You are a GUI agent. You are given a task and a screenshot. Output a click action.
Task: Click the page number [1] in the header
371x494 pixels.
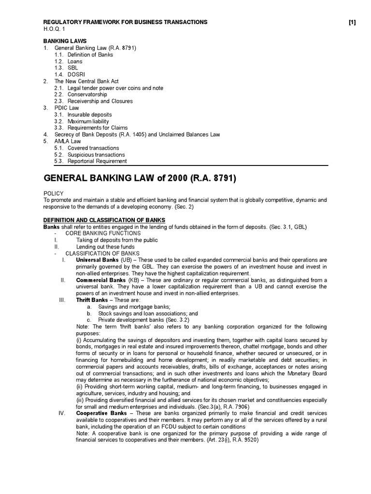pyautogui.click(x=352, y=22)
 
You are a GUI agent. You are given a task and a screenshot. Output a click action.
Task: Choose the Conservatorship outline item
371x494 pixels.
pyautogui.click(x=87, y=95)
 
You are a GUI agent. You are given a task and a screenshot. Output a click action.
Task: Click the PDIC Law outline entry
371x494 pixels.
pyautogui.click(x=67, y=108)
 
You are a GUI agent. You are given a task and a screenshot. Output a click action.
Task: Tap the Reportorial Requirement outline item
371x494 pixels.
pyautogui.click(x=97, y=161)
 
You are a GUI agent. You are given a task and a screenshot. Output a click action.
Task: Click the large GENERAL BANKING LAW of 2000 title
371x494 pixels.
pyautogui.click(x=140, y=178)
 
